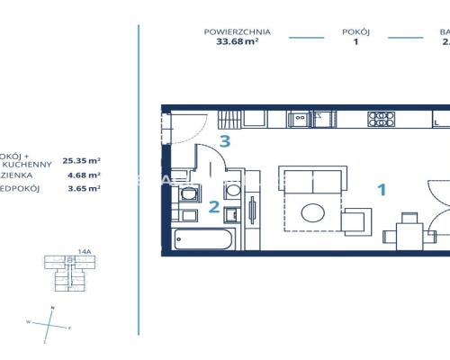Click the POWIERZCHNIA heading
(237, 31)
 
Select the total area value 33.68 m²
(237, 41)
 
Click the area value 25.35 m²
(81, 160)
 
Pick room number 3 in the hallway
(226, 140)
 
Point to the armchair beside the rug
(356, 220)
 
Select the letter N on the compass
(53, 309)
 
